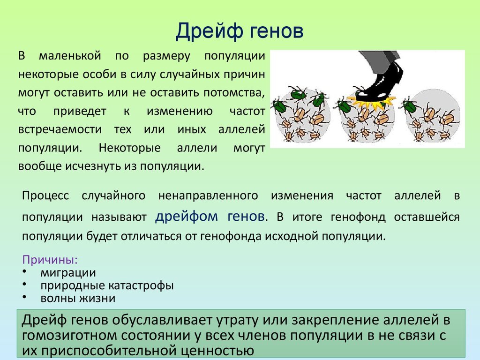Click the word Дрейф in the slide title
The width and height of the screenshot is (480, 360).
point(210,31)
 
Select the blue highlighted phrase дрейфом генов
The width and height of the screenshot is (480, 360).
point(210,217)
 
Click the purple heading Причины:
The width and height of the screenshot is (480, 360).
point(50,260)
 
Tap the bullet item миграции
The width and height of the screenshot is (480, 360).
point(68,273)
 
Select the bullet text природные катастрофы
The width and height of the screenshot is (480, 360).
point(107,285)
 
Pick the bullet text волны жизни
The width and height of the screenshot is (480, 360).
point(78,299)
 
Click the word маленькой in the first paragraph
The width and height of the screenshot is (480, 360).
point(70,56)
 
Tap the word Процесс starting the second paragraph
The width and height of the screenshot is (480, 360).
point(45,196)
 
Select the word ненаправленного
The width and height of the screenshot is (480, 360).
point(208,196)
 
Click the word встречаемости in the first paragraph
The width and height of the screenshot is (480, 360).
point(60,130)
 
